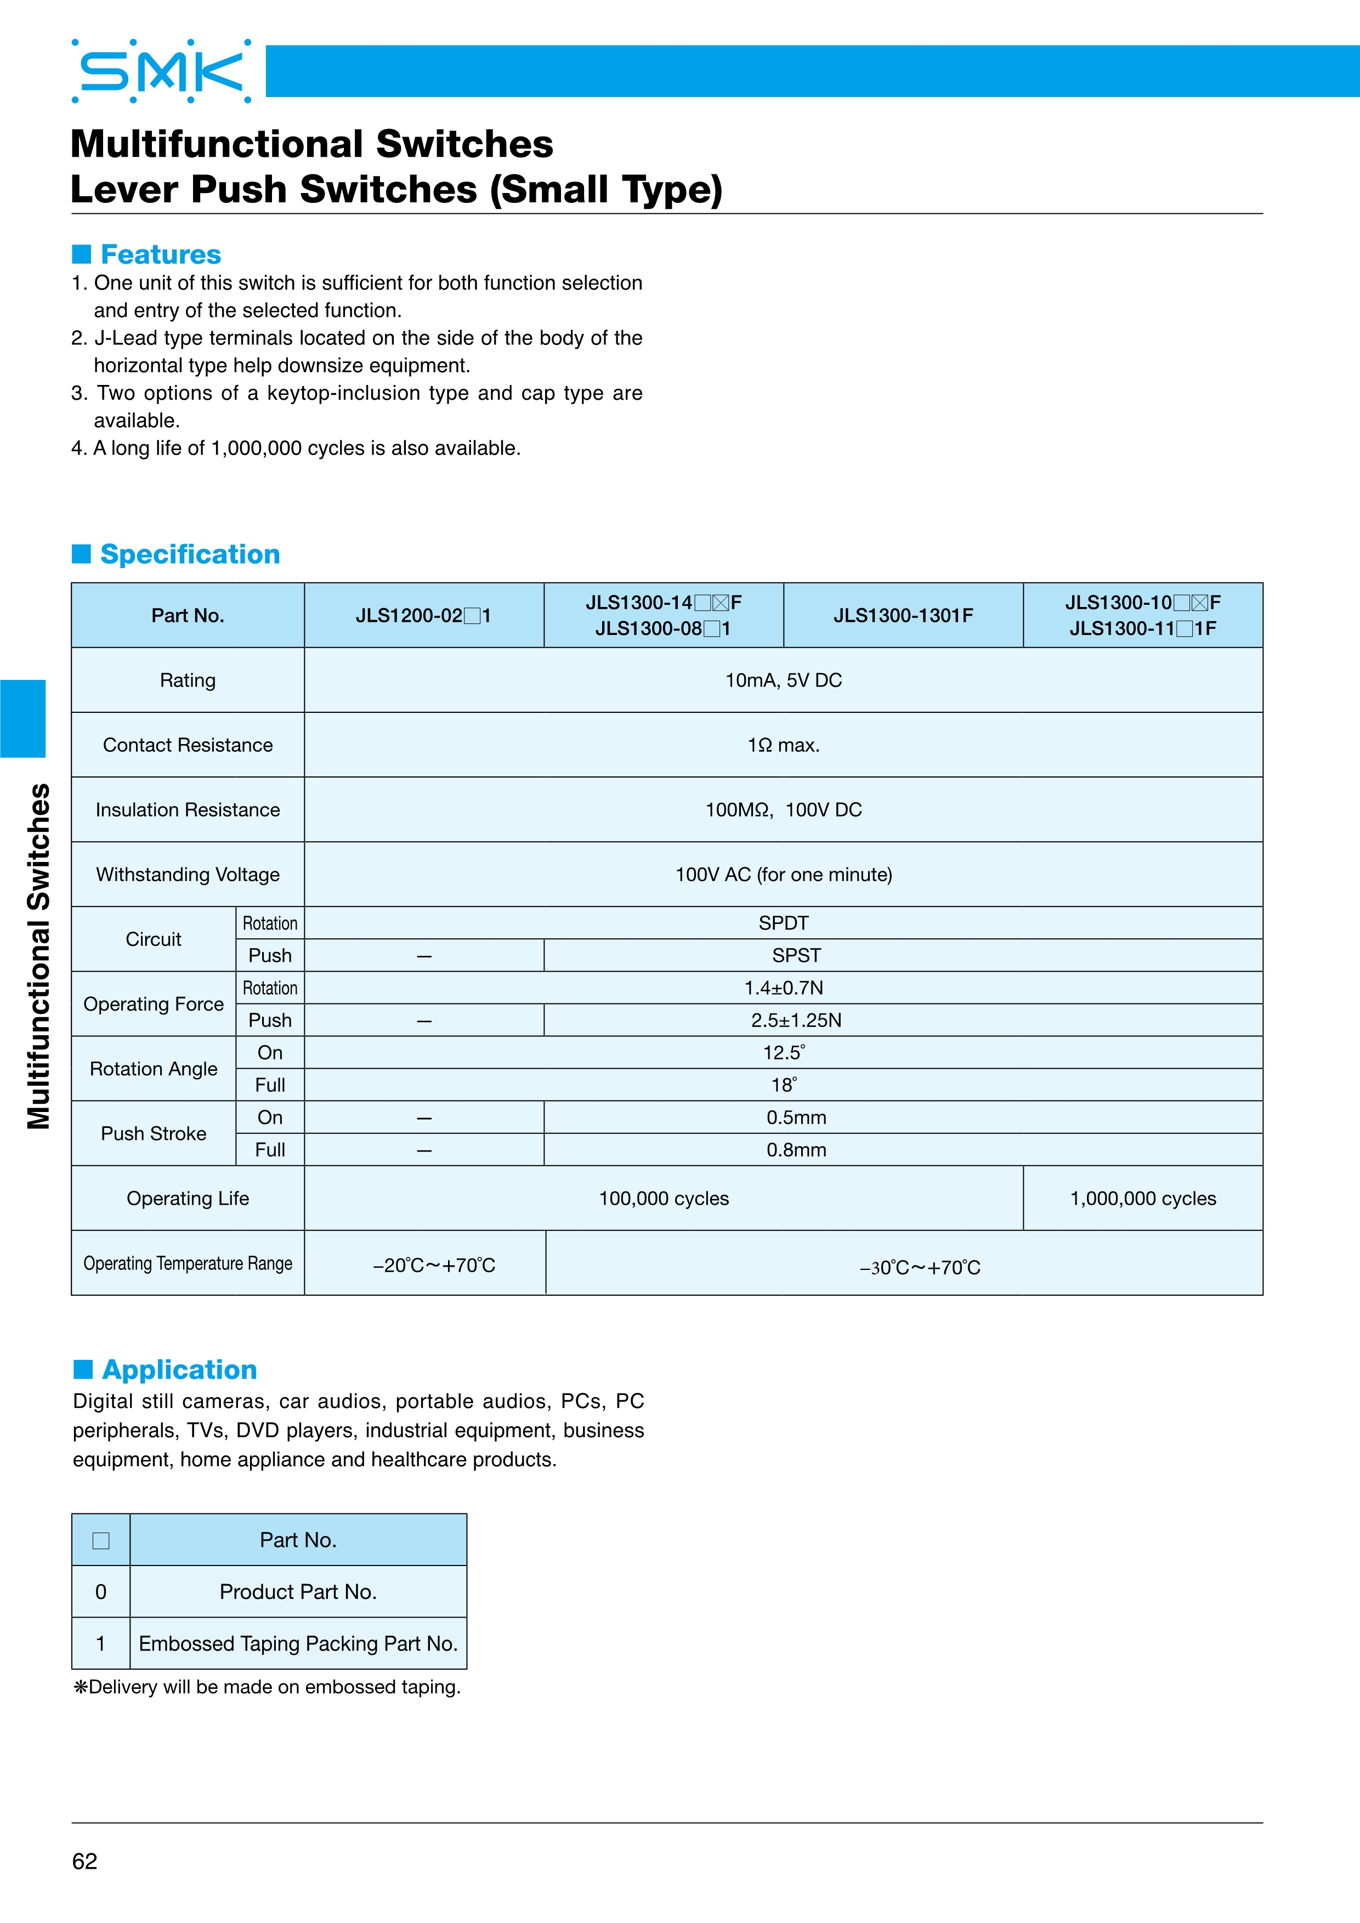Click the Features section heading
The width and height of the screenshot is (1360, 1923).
tap(160, 254)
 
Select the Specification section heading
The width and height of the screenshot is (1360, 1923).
tap(189, 554)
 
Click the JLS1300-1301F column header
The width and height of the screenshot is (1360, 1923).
tap(903, 616)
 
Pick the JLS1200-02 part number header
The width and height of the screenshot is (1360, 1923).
tap(423, 616)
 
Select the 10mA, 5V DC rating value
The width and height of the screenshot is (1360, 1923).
tap(783, 680)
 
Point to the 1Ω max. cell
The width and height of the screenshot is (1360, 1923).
tap(783, 745)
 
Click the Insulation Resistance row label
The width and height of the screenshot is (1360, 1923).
tap(188, 810)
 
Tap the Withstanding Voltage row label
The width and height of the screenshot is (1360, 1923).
tap(188, 875)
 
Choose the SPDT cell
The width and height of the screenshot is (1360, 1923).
tap(783, 923)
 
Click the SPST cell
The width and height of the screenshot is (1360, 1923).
tap(796, 956)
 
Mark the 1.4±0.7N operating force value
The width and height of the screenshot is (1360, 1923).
tap(783, 988)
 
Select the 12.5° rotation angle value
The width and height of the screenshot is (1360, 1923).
tap(783, 1053)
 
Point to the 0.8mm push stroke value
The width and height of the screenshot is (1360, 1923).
tap(796, 1150)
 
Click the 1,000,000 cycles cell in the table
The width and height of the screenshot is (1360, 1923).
tap(1142, 1199)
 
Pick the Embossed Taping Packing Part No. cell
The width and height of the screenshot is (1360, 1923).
tap(298, 1644)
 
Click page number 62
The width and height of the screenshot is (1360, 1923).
tap(84, 1861)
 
